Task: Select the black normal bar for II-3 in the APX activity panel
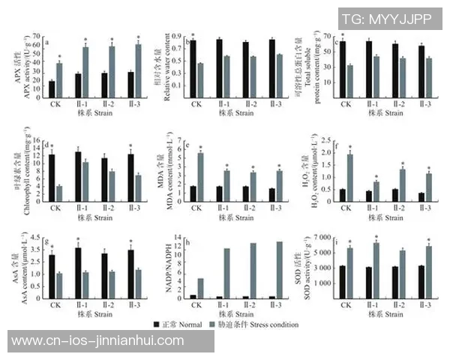point(130,83)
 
